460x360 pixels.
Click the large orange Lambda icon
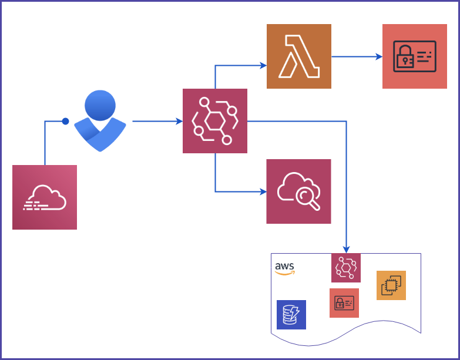[298, 56]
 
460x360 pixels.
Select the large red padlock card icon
[414, 56]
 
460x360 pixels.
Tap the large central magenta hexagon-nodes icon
[215, 121]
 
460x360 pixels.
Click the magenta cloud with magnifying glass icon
[298, 191]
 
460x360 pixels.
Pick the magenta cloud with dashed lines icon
[45, 197]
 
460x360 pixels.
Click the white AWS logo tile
[286, 268]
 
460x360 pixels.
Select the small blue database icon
[291, 315]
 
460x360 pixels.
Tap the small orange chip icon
[391, 285]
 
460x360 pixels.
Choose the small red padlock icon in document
[344, 303]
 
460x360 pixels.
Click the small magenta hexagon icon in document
[346, 268]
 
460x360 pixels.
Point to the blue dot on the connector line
[65, 122]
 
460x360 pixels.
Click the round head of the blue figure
[100, 106]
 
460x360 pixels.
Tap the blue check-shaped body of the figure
[100, 135]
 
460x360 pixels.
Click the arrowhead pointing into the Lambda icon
[263, 65]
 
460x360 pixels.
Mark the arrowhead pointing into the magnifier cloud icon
[263, 191]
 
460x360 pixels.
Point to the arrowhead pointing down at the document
[347, 249]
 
